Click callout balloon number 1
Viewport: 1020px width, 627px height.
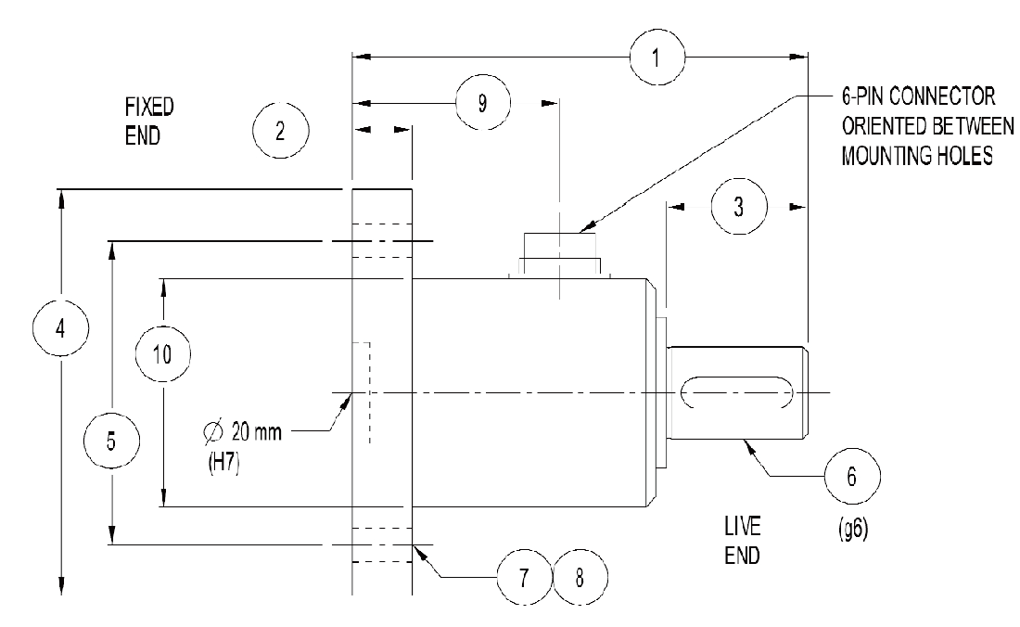click(656, 57)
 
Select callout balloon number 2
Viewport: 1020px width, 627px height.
click(279, 131)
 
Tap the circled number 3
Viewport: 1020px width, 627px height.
click(738, 208)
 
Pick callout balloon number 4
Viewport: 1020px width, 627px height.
click(60, 328)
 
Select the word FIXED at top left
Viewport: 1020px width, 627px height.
click(148, 107)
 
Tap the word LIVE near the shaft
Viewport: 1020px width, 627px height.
click(743, 528)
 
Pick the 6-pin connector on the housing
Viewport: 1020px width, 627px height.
click(560, 251)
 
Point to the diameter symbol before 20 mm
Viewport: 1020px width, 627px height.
click(213, 432)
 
